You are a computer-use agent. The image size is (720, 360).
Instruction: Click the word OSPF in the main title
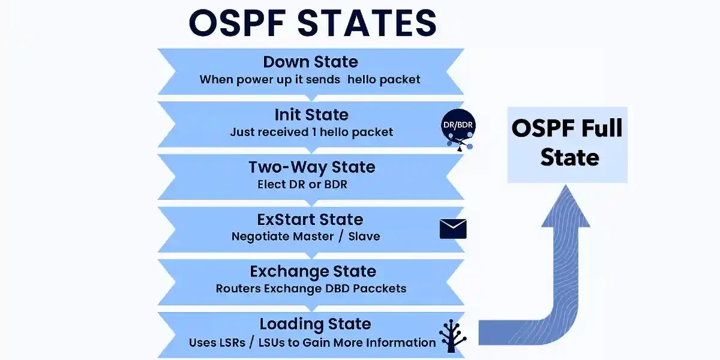coord(237,23)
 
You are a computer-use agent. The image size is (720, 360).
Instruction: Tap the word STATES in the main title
coord(367,23)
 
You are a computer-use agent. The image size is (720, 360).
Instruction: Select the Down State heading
coord(311,62)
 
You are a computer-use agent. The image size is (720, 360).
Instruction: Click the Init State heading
coord(311,115)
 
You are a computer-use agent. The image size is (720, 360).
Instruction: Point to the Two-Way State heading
coord(312,167)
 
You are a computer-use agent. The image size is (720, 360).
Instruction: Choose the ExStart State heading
coord(310,220)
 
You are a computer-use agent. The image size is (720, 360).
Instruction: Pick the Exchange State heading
coord(313,272)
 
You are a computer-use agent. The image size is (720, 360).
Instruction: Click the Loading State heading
coord(316,324)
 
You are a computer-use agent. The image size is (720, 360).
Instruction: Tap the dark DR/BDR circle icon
coord(458,126)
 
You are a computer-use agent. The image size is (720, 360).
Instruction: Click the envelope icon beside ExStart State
coord(453,229)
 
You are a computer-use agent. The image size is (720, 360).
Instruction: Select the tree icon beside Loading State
coord(452,335)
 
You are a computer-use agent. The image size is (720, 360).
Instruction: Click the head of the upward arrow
coord(566,208)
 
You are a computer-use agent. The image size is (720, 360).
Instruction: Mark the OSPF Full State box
coord(568,145)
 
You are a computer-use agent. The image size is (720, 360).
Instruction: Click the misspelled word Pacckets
coord(380,289)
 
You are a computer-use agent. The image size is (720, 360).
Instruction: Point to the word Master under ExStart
coord(313,236)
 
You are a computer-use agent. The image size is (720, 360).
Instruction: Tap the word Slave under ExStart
coord(364,236)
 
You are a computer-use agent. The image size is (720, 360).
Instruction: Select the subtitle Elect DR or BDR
coord(302,185)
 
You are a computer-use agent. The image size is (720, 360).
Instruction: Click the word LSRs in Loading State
coord(232,343)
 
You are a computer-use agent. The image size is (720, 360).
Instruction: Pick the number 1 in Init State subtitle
coord(314,132)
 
